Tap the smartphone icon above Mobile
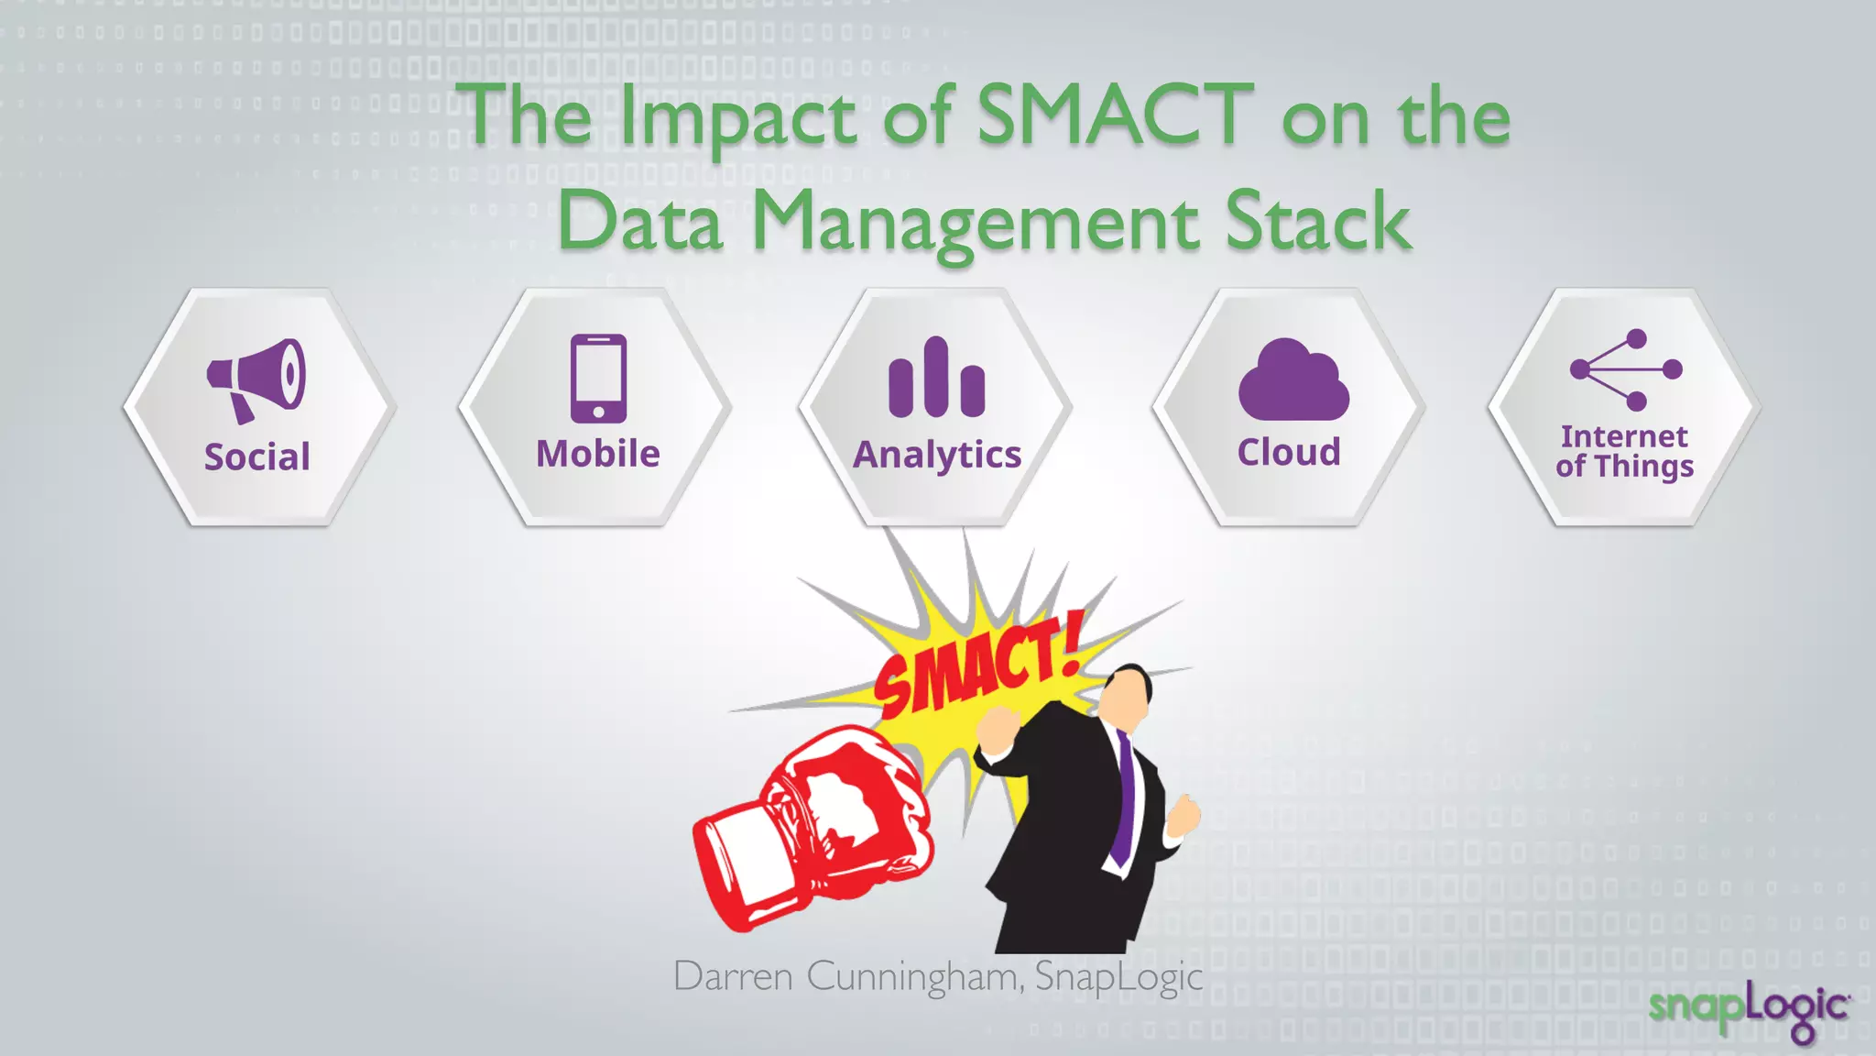click(598, 378)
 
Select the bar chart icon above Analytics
click(936, 378)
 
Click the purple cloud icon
click(1292, 381)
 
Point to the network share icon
click(1625, 369)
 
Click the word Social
click(257, 456)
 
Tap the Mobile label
click(597, 454)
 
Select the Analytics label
click(937, 456)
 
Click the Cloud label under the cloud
click(1289, 452)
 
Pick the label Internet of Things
click(1624, 451)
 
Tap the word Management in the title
click(975, 222)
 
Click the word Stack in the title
click(1317, 222)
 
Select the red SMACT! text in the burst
click(978, 668)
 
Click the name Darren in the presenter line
click(733, 976)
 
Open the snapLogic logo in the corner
click(1749, 1009)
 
